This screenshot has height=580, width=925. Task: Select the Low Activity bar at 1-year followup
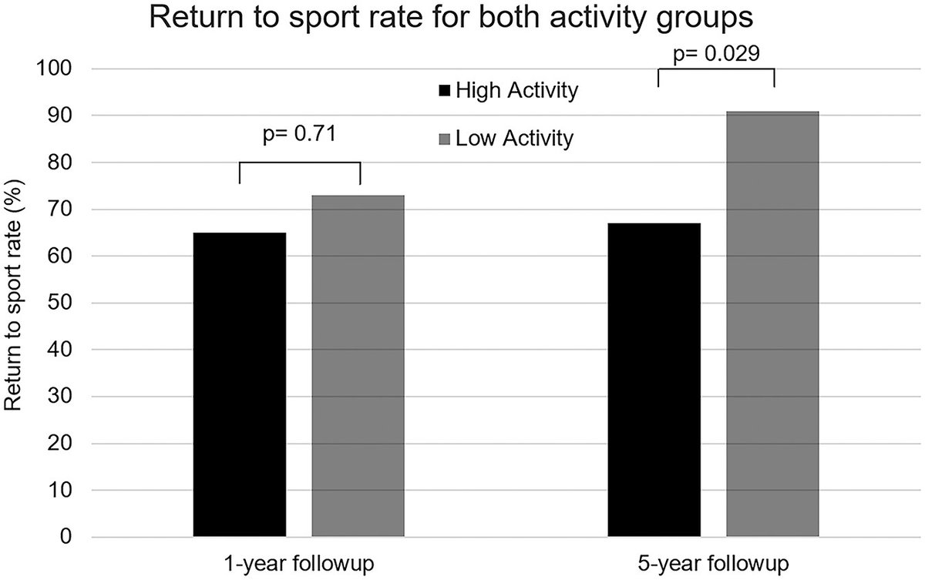click(x=358, y=366)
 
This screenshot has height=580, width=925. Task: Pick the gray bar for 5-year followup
click(x=772, y=324)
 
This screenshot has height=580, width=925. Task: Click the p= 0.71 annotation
click(x=300, y=136)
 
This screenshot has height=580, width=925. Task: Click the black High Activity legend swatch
click(x=445, y=92)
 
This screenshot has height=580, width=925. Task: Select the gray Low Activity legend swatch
click(x=445, y=139)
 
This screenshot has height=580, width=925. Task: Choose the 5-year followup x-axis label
click(x=714, y=561)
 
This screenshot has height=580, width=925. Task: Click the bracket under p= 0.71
click(x=300, y=163)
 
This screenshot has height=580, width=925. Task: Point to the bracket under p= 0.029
click(x=715, y=69)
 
